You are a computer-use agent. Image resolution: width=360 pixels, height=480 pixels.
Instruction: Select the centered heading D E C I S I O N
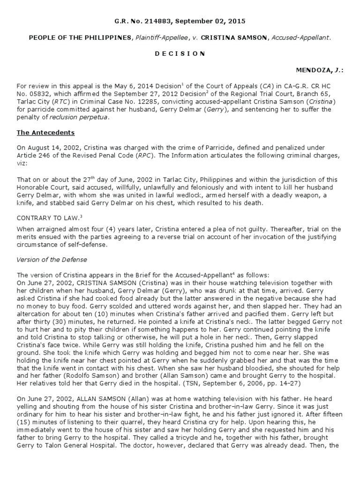[x=180, y=53]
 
